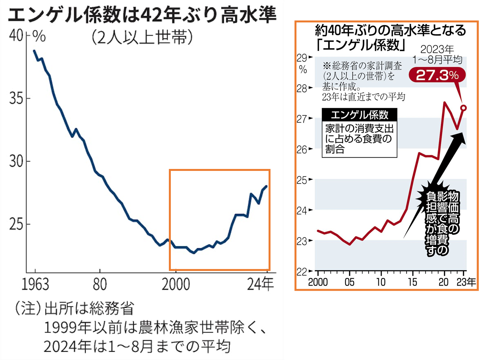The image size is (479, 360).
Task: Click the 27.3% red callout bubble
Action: coord(437,75)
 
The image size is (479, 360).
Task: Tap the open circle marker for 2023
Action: coord(464,108)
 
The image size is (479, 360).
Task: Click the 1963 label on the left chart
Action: coord(35,284)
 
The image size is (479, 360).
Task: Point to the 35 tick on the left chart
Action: coord(16,98)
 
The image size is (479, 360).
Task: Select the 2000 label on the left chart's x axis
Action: coord(176,284)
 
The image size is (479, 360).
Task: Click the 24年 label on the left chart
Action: coord(260,284)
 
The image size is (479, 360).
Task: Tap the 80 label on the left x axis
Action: coord(100,284)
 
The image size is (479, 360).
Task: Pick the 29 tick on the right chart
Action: coord(302,58)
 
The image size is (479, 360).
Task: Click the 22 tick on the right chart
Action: coord(302,271)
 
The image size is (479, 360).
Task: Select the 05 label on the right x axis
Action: coord(349,282)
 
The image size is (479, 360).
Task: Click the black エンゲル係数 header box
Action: coord(359,115)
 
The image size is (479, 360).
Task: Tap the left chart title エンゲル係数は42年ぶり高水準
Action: coord(142,15)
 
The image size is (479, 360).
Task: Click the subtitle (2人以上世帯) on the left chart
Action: coord(142,38)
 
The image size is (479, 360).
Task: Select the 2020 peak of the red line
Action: coord(444,102)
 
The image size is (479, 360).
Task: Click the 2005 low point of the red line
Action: coord(349,244)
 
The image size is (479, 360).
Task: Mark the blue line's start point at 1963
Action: coord(34,51)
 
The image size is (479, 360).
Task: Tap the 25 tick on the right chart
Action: coord(302,180)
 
